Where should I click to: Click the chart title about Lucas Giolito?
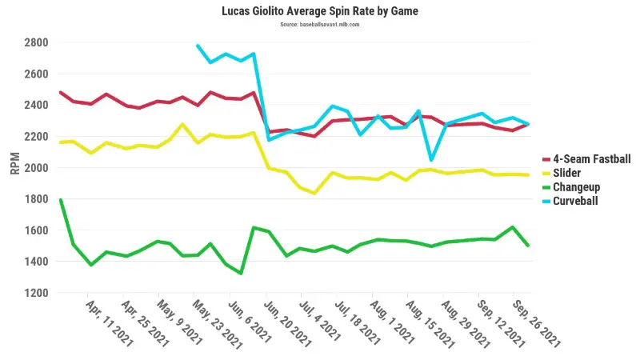pyautogui.click(x=320, y=12)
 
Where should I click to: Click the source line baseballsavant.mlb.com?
pyautogui.click(x=320, y=25)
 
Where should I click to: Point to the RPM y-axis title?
pyautogui.click(x=14, y=164)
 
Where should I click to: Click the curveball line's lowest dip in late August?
pyautogui.click(x=432, y=160)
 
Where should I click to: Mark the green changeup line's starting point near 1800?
pyautogui.click(x=61, y=199)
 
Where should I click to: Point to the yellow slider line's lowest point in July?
pyautogui.click(x=314, y=193)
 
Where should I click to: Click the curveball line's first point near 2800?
pyautogui.click(x=198, y=46)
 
